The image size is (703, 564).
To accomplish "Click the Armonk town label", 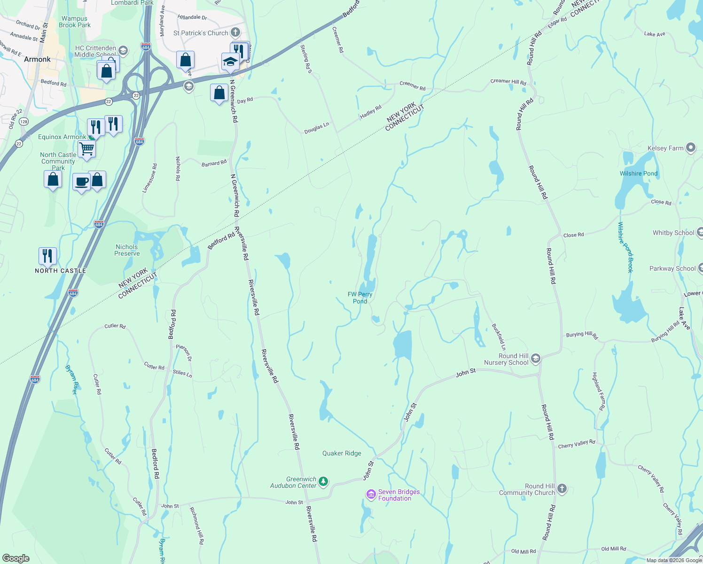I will pyautogui.click(x=37, y=59).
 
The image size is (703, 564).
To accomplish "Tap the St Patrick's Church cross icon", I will pyautogui.click(x=235, y=32).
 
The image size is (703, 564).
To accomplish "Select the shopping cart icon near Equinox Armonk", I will pyautogui.click(x=86, y=149).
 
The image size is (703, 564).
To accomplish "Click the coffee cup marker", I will pyautogui.click(x=81, y=181).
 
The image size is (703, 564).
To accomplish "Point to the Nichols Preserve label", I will pyautogui.click(x=127, y=250).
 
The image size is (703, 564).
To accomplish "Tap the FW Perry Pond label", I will pyautogui.click(x=360, y=298).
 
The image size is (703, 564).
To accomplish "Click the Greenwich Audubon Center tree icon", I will pyautogui.click(x=323, y=481).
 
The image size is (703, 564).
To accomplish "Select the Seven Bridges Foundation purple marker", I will pyautogui.click(x=371, y=494).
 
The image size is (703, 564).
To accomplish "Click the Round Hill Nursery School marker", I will pyautogui.click(x=535, y=359).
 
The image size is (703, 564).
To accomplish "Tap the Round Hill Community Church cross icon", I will pyautogui.click(x=562, y=489).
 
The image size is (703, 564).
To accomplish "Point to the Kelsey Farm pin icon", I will pyautogui.click(x=690, y=148).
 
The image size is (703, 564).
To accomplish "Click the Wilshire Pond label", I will pyautogui.click(x=639, y=173).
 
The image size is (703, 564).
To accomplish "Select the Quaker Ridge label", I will pyautogui.click(x=342, y=453).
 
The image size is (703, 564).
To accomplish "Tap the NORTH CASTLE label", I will pyautogui.click(x=61, y=271).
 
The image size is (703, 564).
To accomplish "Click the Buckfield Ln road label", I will pyautogui.click(x=499, y=337).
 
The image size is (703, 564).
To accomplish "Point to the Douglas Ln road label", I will pyautogui.click(x=317, y=128).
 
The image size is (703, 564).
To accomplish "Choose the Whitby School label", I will pyautogui.click(x=673, y=233).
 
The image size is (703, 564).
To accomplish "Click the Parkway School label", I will pyautogui.click(x=672, y=268).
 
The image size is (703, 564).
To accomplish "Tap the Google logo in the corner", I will pyautogui.click(x=16, y=558).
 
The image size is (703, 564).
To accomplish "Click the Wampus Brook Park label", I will pyautogui.click(x=75, y=22).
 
